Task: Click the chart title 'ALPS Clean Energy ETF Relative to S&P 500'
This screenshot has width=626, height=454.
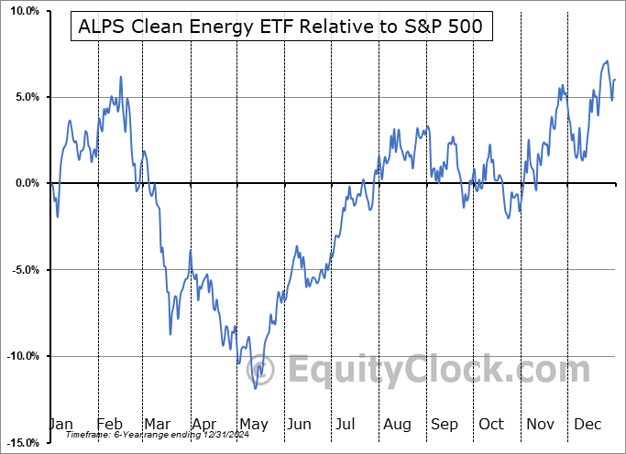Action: pyautogui.click(x=281, y=27)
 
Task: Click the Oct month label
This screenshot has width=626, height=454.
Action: pyautogui.click(x=491, y=426)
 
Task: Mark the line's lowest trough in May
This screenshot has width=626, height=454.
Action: pyautogui.click(x=257, y=388)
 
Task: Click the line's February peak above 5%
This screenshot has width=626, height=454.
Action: pyautogui.click(x=120, y=77)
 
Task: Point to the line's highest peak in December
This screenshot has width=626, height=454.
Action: pyautogui.click(x=606, y=61)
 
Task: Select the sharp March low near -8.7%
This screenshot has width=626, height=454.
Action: pyautogui.click(x=170, y=334)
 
